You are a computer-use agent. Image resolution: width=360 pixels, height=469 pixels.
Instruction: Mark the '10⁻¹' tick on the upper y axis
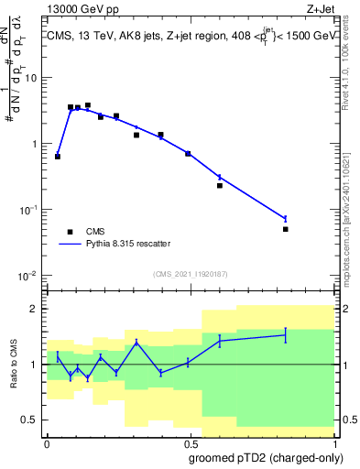[x=30, y=210]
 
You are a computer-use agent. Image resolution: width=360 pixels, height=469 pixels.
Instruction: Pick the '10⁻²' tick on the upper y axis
[x=30, y=276]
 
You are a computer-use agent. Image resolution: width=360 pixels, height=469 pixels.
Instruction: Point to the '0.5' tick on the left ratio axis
[x=32, y=420]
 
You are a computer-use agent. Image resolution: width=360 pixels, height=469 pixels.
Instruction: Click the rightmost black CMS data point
[x=286, y=229]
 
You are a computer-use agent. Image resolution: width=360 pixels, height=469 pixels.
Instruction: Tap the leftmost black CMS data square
[x=58, y=157]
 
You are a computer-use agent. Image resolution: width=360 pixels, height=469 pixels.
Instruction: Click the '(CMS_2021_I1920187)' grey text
[x=191, y=273]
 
